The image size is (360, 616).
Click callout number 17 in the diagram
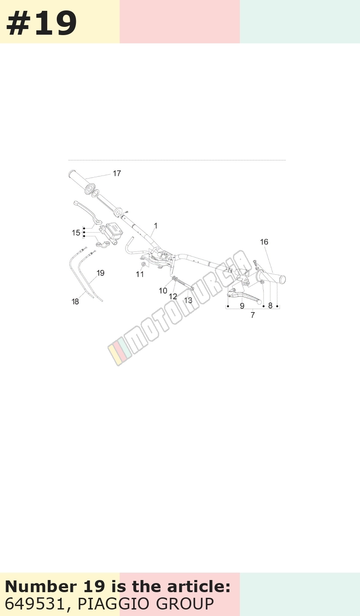(x=117, y=173)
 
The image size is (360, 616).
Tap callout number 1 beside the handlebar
(x=156, y=226)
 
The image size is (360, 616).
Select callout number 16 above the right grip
(x=264, y=242)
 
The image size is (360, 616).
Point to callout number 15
(x=76, y=233)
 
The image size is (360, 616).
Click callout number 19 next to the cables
(x=101, y=273)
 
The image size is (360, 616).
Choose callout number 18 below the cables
(x=75, y=302)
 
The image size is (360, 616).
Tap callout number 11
(x=140, y=274)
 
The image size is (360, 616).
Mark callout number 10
(x=163, y=291)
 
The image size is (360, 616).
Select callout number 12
(x=173, y=297)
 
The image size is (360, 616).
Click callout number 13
(x=188, y=300)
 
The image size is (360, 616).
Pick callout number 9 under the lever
(x=242, y=306)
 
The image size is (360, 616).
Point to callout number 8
(x=270, y=306)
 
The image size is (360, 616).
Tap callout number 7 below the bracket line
(x=253, y=315)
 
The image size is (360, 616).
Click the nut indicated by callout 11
(x=144, y=264)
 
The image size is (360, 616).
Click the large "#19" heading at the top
(x=42, y=23)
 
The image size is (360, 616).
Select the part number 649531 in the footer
(x=34, y=604)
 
